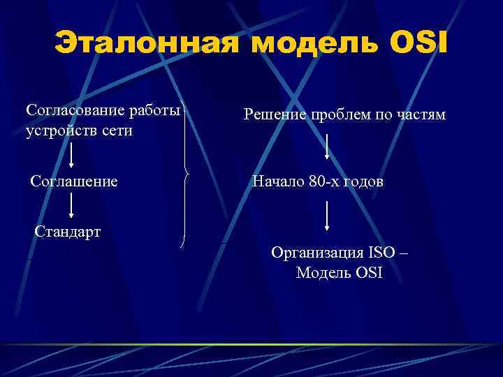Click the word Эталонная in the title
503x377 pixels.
point(147,43)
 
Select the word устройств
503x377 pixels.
point(59,131)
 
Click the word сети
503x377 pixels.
point(116,131)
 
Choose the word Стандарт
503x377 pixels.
point(68,231)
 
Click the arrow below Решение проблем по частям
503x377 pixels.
point(327,147)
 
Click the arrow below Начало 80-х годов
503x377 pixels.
point(327,216)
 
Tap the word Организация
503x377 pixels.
point(317,252)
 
